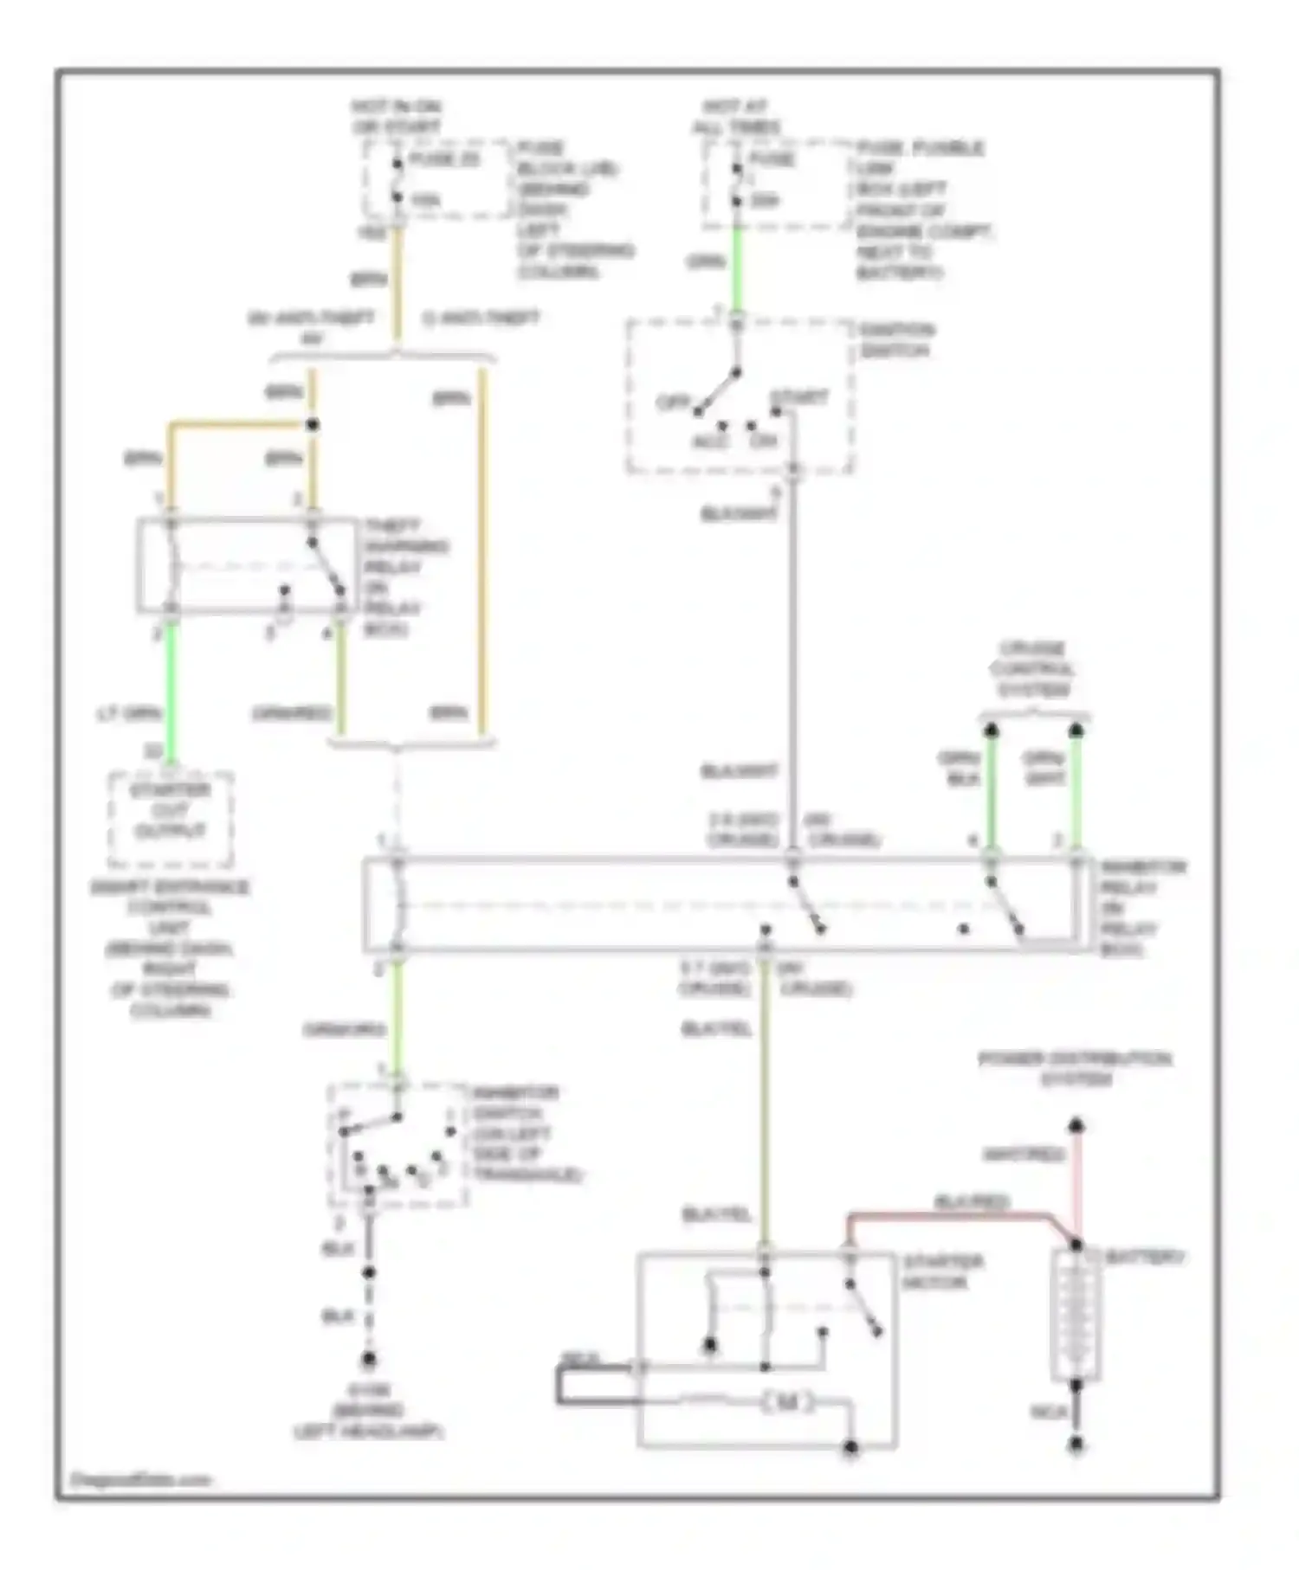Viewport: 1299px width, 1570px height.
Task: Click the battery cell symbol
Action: [x=1076, y=1316]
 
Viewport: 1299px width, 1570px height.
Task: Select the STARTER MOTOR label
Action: [x=942, y=1271]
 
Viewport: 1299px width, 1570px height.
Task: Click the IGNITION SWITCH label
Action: [x=896, y=340]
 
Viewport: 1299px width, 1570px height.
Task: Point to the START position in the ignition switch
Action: [x=798, y=397]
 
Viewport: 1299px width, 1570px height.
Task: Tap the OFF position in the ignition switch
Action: [x=671, y=402]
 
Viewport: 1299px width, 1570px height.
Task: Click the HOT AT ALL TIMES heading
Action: [x=735, y=117]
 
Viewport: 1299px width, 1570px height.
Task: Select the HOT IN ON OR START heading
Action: [x=396, y=117]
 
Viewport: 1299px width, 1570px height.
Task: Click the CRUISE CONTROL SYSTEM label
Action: [x=1032, y=669]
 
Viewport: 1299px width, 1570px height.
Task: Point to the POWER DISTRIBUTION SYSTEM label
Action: [x=1075, y=1069]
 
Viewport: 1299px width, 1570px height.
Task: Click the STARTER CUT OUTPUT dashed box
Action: [x=171, y=819]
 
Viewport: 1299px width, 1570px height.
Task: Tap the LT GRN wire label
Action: [x=127, y=714]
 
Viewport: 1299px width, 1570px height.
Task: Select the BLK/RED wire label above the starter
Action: [x=971, y=1202]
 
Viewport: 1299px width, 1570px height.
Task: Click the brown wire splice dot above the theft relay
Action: [x=313, y=425]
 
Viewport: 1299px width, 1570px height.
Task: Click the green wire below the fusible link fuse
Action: [x=737, y=268]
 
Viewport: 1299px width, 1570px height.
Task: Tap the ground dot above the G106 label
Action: [x=369, y=1359]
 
